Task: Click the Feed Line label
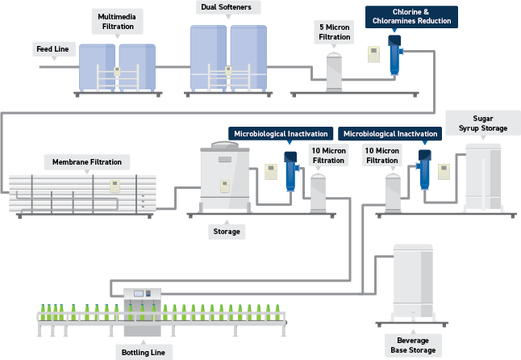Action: [52, 49]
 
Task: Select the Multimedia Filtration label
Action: [117, 21]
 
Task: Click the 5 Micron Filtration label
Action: [334, 31]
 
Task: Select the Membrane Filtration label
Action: [87, 162]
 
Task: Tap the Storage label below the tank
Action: [226, 232]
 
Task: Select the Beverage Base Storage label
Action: [417, 345]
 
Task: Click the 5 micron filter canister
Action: [334, 73]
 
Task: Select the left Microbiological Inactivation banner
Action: [280, 133]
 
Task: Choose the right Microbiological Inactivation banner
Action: [390, 133]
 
